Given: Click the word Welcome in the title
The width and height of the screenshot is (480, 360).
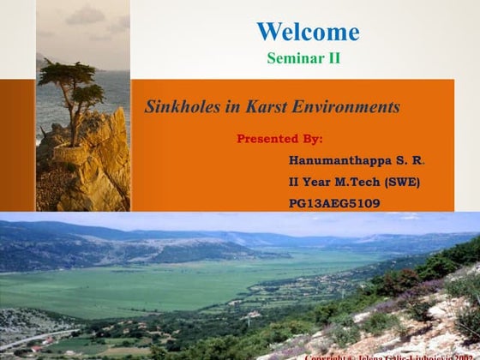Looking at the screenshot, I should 308,33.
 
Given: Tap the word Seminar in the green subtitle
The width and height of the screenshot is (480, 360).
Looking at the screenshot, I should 291,58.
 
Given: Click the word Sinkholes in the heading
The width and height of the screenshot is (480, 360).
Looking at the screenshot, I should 177,108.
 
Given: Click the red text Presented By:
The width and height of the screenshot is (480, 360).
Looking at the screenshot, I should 279,137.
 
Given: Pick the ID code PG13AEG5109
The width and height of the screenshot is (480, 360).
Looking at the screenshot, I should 334,203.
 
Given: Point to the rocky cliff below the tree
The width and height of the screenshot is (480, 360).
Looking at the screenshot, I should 90,167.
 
